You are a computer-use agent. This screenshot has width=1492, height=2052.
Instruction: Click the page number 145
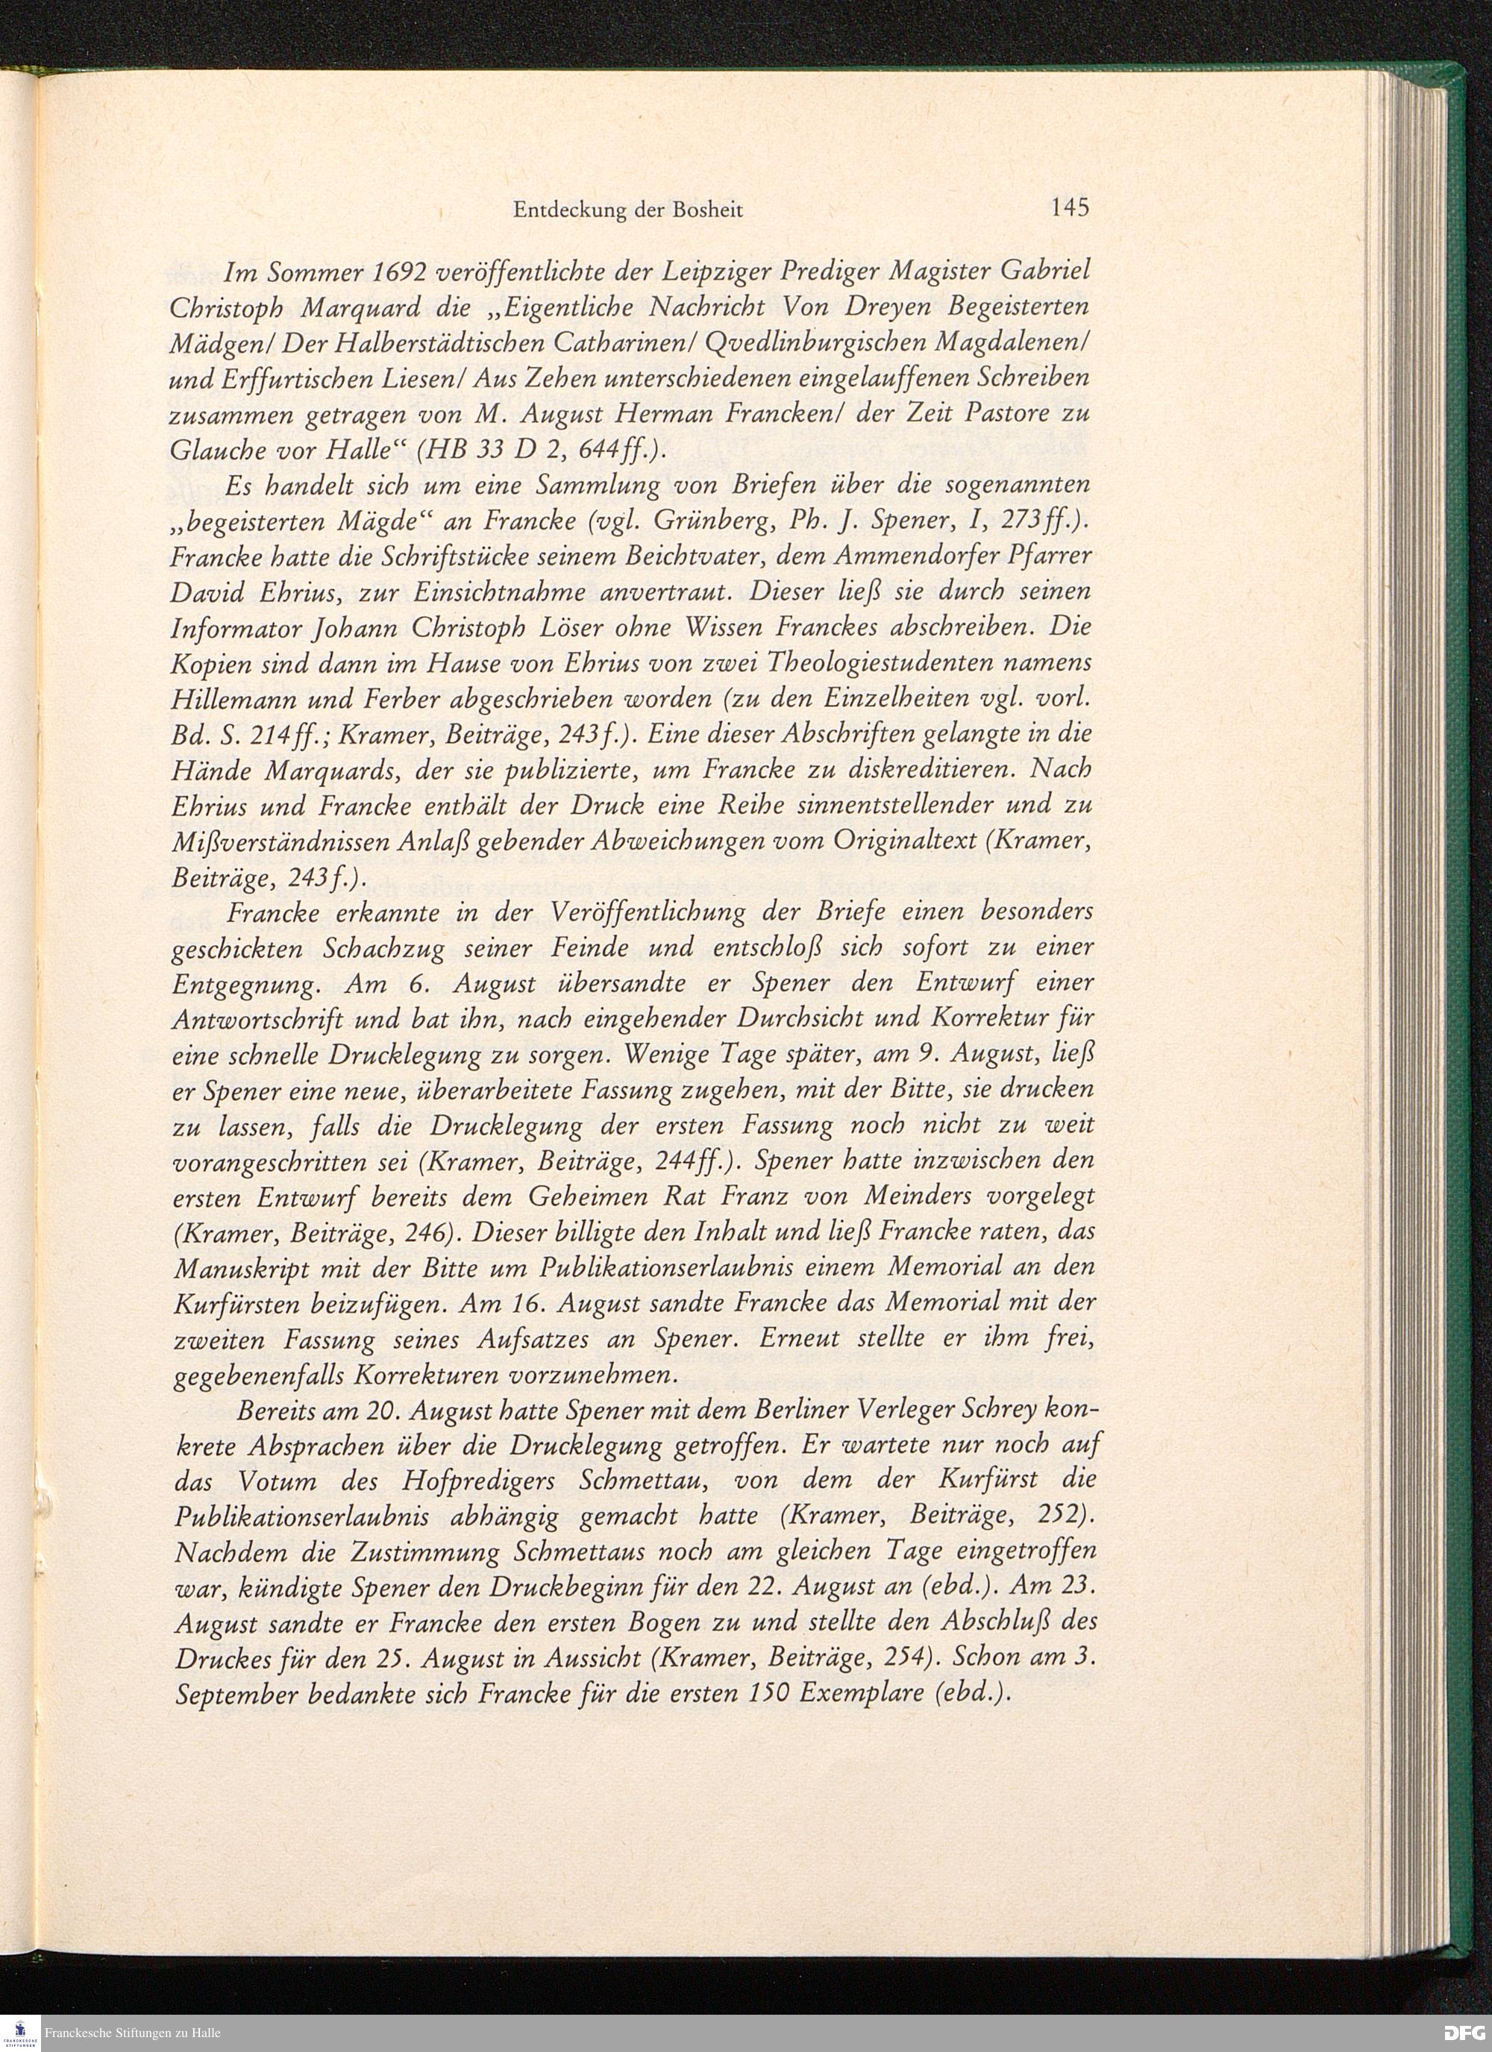click(1070, 208)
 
